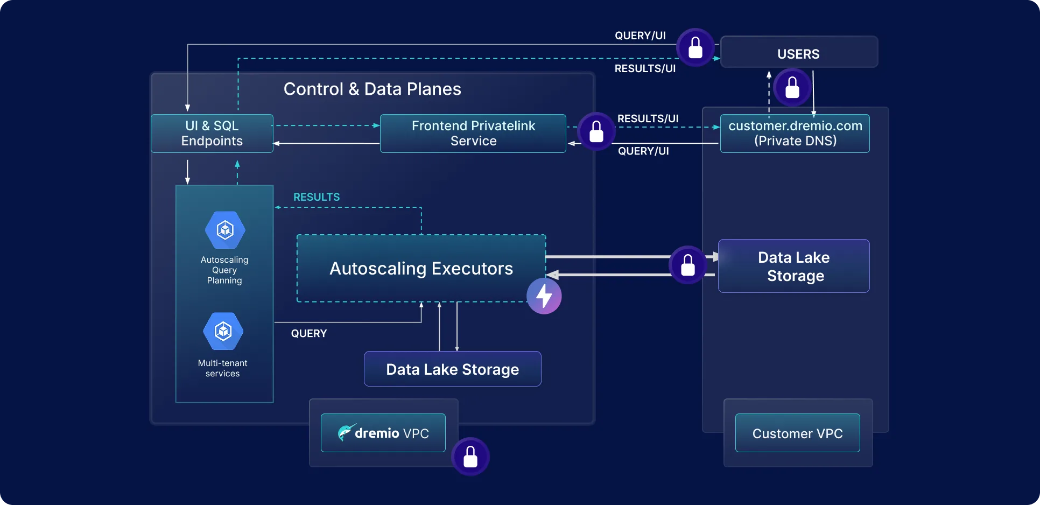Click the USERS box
(x=799, y=52)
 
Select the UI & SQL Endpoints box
(x=212, y=134)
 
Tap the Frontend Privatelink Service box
(x=473, y=134)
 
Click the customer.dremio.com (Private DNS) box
(x=795, y=134)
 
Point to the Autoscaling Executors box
(x=421, y=268)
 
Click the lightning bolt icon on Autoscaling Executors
(x=544, y=296)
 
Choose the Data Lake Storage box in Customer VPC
(x=793, y=266)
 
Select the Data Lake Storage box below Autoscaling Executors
(x=452, y=369)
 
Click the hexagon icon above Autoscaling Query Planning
(x=225, y=230)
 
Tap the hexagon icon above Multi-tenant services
(x=223, y=331)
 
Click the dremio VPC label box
(x=383, y=433)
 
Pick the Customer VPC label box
(x=797, y=433)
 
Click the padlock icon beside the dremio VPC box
(x=470, y=457)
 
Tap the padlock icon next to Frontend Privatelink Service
(x=596, y=131)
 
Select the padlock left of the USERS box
(x=695, y=47)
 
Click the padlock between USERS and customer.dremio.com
(x=792, y=87)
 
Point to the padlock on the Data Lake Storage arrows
(x=688, y=265)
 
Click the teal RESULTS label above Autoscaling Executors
(x=317, y=197)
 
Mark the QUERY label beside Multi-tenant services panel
(x=309, y=333)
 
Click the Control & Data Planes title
(x=372, y=89)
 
